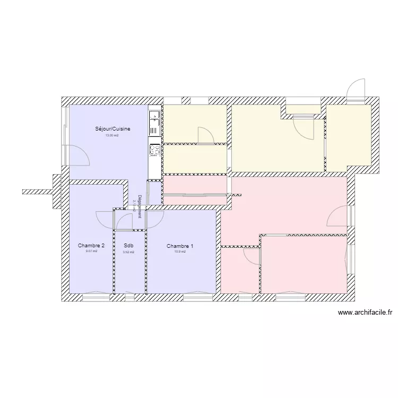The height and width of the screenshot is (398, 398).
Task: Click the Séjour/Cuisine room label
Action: [113, 129]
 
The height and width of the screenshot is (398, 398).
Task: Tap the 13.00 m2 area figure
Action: [111, 136]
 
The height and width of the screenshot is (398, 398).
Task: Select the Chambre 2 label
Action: [91, 246]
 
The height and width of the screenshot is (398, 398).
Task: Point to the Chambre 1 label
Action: [180, 246]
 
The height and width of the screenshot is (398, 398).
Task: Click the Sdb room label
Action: [128, 246]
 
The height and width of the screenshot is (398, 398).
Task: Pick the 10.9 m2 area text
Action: [180, 252]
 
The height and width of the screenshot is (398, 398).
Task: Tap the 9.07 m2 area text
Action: [91, 252]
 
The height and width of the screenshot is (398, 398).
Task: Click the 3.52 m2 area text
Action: [128, 252]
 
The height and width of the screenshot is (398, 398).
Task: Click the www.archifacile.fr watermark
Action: [365, 314]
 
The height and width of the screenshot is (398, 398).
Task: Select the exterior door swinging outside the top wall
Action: [356, 88]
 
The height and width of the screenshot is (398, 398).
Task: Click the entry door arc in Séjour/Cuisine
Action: [80, 156]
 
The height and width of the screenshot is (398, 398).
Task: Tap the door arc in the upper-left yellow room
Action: [206, 135]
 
